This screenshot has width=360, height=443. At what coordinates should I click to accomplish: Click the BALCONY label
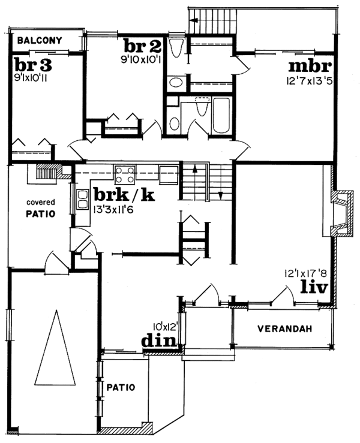[x=40, y=41]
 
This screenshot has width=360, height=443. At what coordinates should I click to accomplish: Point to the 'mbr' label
[x=310, y=65]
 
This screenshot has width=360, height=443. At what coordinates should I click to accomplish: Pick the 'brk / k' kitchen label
[x=125, y=195]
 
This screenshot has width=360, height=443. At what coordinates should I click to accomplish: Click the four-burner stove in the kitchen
[x=125, y=174]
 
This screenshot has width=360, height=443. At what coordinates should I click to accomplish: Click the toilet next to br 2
[x=178, y=47]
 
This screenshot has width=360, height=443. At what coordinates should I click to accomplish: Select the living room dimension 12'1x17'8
[x=306, y=273]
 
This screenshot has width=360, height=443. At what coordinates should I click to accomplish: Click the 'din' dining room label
[x=160, y=340]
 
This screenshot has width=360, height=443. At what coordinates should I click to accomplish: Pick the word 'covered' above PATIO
[x=40, y=203]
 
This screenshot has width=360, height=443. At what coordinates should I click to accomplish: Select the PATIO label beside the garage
[x=122, y=387]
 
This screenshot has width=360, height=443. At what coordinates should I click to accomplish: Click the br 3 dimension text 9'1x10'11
[x=33, y=77]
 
